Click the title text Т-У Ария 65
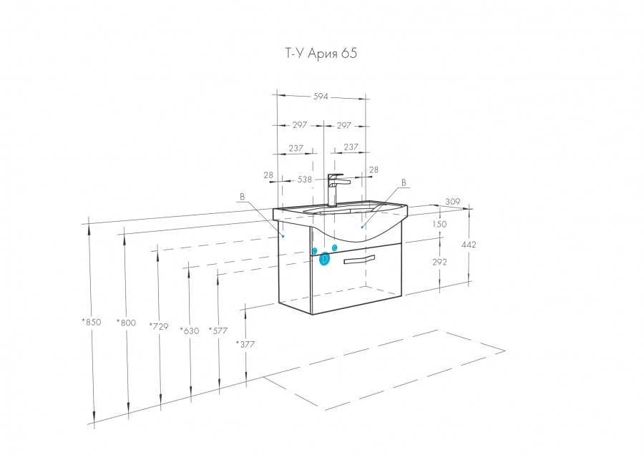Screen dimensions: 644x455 point(321,54)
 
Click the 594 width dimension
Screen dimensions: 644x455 point(321,97)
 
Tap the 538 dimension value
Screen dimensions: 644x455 point(305,180)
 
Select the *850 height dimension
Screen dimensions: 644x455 point(91,322)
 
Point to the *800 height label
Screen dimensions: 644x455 point(126,323)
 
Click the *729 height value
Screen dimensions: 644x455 point(159,326)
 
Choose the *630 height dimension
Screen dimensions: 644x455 point(190,331)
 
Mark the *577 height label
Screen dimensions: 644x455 point(218,331)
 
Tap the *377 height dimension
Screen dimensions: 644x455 point(245,345)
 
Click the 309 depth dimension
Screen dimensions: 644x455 point(453,202)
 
